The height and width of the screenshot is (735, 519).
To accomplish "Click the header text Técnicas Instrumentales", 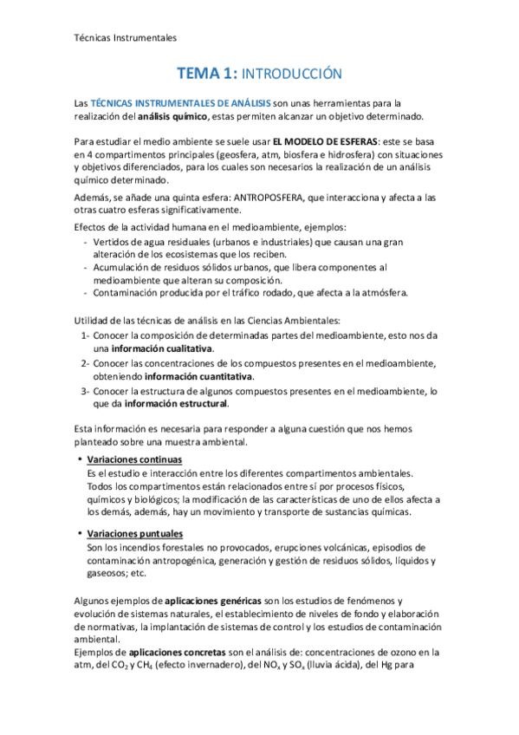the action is point(120,38).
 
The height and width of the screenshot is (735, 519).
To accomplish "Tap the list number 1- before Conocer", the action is point(85,335).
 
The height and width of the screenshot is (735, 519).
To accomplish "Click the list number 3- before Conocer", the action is point(85,391).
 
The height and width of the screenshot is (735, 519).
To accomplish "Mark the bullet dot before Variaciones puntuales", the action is point(80,534).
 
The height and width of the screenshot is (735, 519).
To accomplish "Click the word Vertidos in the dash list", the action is point(114,242).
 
